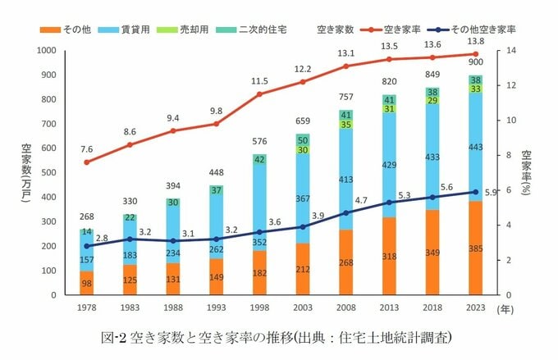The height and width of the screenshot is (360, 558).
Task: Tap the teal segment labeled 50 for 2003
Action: (x=303, y=140)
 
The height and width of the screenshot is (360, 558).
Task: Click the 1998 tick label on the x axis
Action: (x=259, y=308)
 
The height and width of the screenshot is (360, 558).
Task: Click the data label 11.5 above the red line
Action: (x=259, y=81)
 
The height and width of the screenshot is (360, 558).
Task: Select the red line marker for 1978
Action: (x=87, y=162)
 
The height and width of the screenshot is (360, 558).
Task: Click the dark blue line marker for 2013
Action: (x=389, y=202)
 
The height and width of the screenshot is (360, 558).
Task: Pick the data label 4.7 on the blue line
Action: (x=360, y=199)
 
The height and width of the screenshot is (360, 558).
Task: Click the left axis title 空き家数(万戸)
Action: (x=27, y=172)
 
